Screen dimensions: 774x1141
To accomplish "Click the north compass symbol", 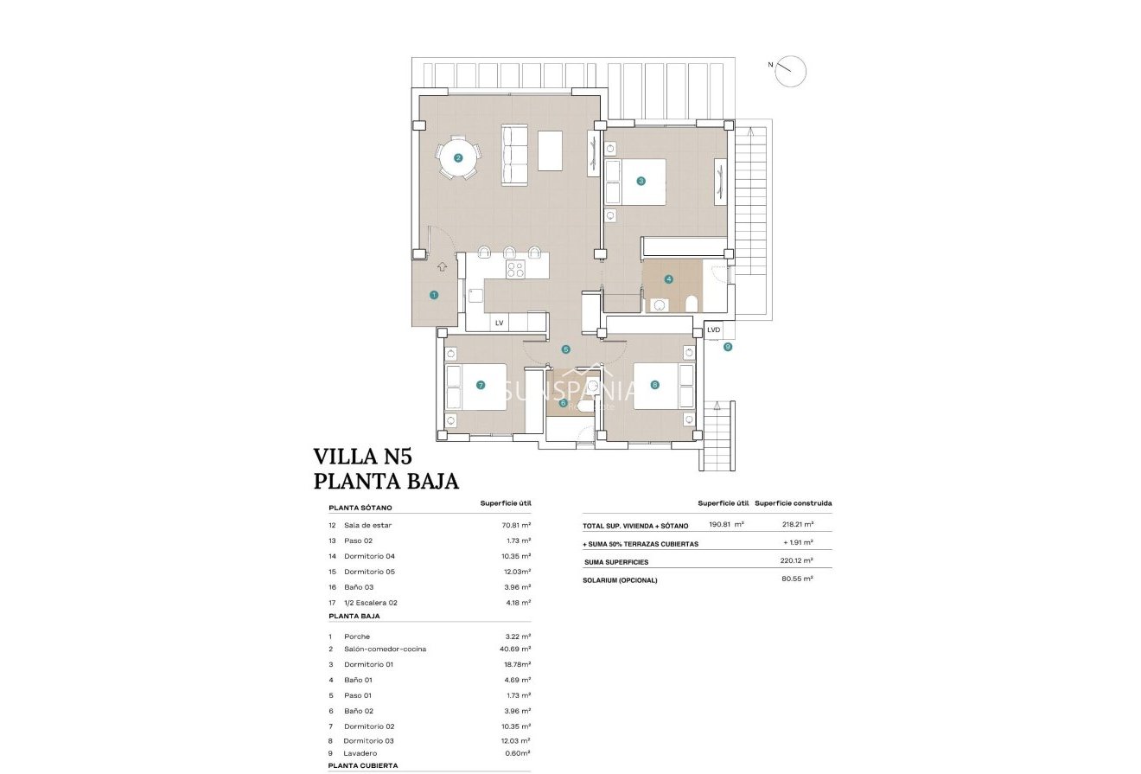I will tap(790, 72).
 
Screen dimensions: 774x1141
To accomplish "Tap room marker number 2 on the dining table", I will tap(458, 157).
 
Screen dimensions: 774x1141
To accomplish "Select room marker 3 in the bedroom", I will tap(641, 181).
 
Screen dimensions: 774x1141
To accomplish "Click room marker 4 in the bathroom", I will tap(668, 279).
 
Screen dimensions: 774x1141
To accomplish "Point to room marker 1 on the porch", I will tap(434, 295).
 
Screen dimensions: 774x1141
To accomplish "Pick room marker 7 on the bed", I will tap(480, 386).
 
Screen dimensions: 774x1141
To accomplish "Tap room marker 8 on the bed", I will tap(654, 385).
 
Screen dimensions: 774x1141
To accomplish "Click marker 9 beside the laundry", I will tap(728, 347).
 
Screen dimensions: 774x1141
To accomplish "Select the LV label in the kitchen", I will tap(499, 323).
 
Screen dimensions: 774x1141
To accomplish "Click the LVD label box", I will tap(713, 329).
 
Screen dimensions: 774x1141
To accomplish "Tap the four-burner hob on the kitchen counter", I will tap(515, 269).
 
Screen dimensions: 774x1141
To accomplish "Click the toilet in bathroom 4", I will tap(691, 304).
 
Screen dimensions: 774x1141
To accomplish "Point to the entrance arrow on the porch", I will tap(443, 266).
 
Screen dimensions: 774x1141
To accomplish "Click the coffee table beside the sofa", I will tap(551, 150).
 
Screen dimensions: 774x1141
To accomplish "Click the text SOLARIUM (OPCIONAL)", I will tap(620, 579).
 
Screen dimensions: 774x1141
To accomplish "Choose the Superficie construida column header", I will tap(793, 503).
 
